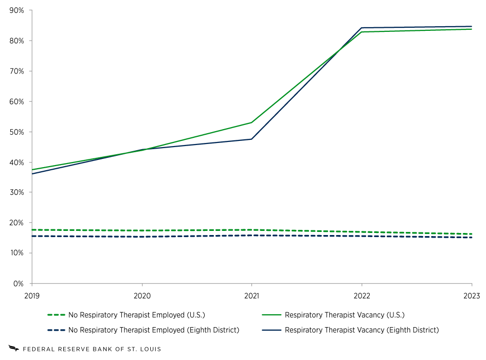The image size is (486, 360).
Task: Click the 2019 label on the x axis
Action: [x=32, y=296]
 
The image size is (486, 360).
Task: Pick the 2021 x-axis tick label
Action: [x=251, y=296]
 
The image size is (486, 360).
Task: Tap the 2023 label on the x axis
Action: [x=471, y=296]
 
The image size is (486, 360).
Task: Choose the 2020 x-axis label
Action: [x=142, y=296]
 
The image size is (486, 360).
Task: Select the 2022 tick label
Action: [x=362, y=296]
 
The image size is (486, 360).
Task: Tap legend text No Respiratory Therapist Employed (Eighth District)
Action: [x=153, y=330]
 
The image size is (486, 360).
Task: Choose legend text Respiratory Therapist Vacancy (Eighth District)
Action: [x=362, y=330]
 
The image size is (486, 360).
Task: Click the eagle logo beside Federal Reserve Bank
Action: [x=13, y=349]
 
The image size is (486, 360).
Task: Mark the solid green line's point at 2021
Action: [x=251, y=122]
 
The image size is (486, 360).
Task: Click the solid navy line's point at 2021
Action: [x=251, y=139]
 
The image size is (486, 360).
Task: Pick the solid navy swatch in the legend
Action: [x=272, y=330]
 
